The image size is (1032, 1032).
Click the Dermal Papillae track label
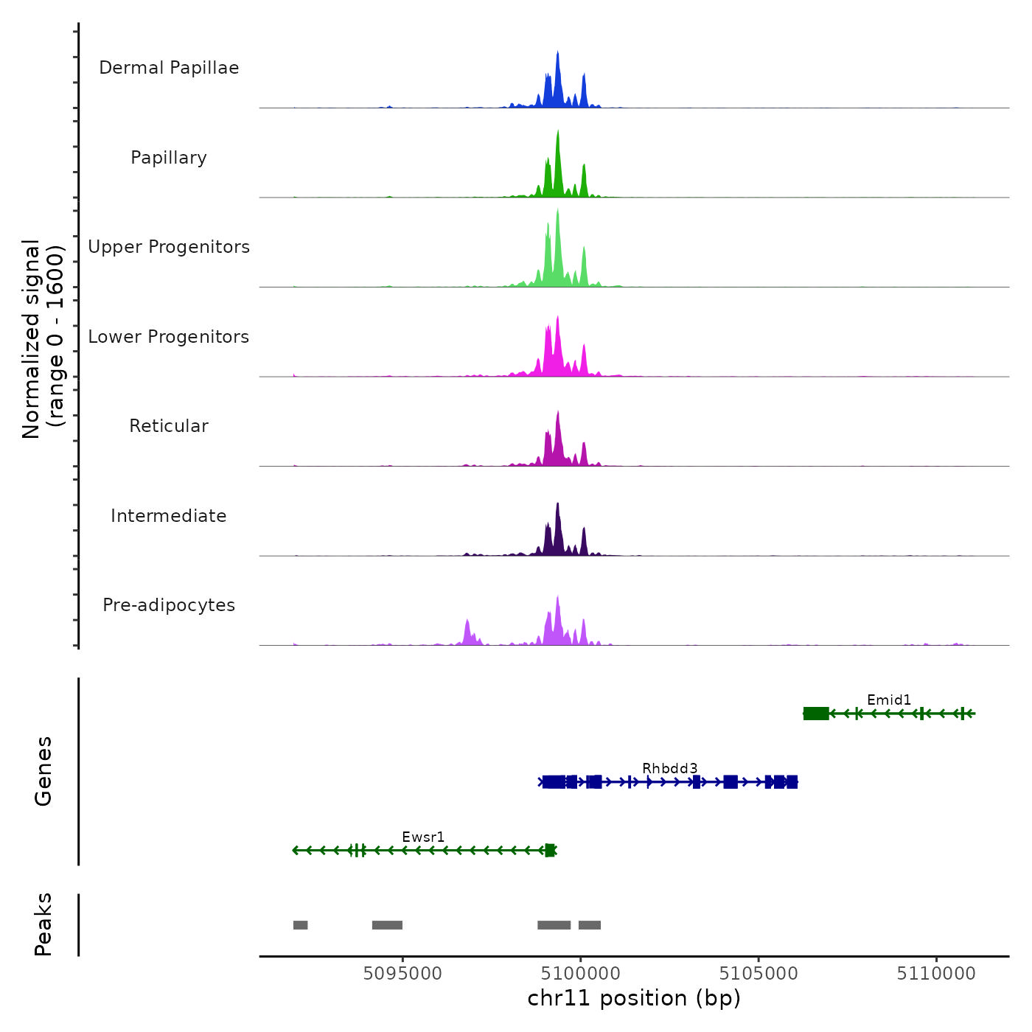(x=169, y=68)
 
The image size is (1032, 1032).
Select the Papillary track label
(x=169, y=158)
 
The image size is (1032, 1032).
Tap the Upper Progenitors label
(x=169, y=247)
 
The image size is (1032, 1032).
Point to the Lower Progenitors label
(x=169, y=337)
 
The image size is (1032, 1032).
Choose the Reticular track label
(x=169, y=426)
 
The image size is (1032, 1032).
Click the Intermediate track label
(x=169, y=516)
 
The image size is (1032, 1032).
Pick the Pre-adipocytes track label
(x=169, y=605)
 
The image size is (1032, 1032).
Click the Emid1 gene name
(x=889, y=700)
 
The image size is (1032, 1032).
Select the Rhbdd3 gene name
(x=669, y=769)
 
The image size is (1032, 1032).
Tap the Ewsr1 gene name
(x=423, y=837)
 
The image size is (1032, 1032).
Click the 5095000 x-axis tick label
(x=402, y=974)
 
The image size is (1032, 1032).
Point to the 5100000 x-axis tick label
(x=581, y=974)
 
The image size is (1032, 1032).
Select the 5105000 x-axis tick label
(x=759, y=974)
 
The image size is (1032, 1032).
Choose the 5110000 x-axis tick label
(x=936, y=974)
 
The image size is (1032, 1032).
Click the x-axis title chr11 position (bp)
(x=634, y=999)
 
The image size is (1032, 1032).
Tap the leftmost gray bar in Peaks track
(x=300, y=925)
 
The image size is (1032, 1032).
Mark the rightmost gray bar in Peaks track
(x=590, y=925)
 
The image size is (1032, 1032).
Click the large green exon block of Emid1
(x=816, y=714)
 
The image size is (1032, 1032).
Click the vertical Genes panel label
(x=43, y=771)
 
